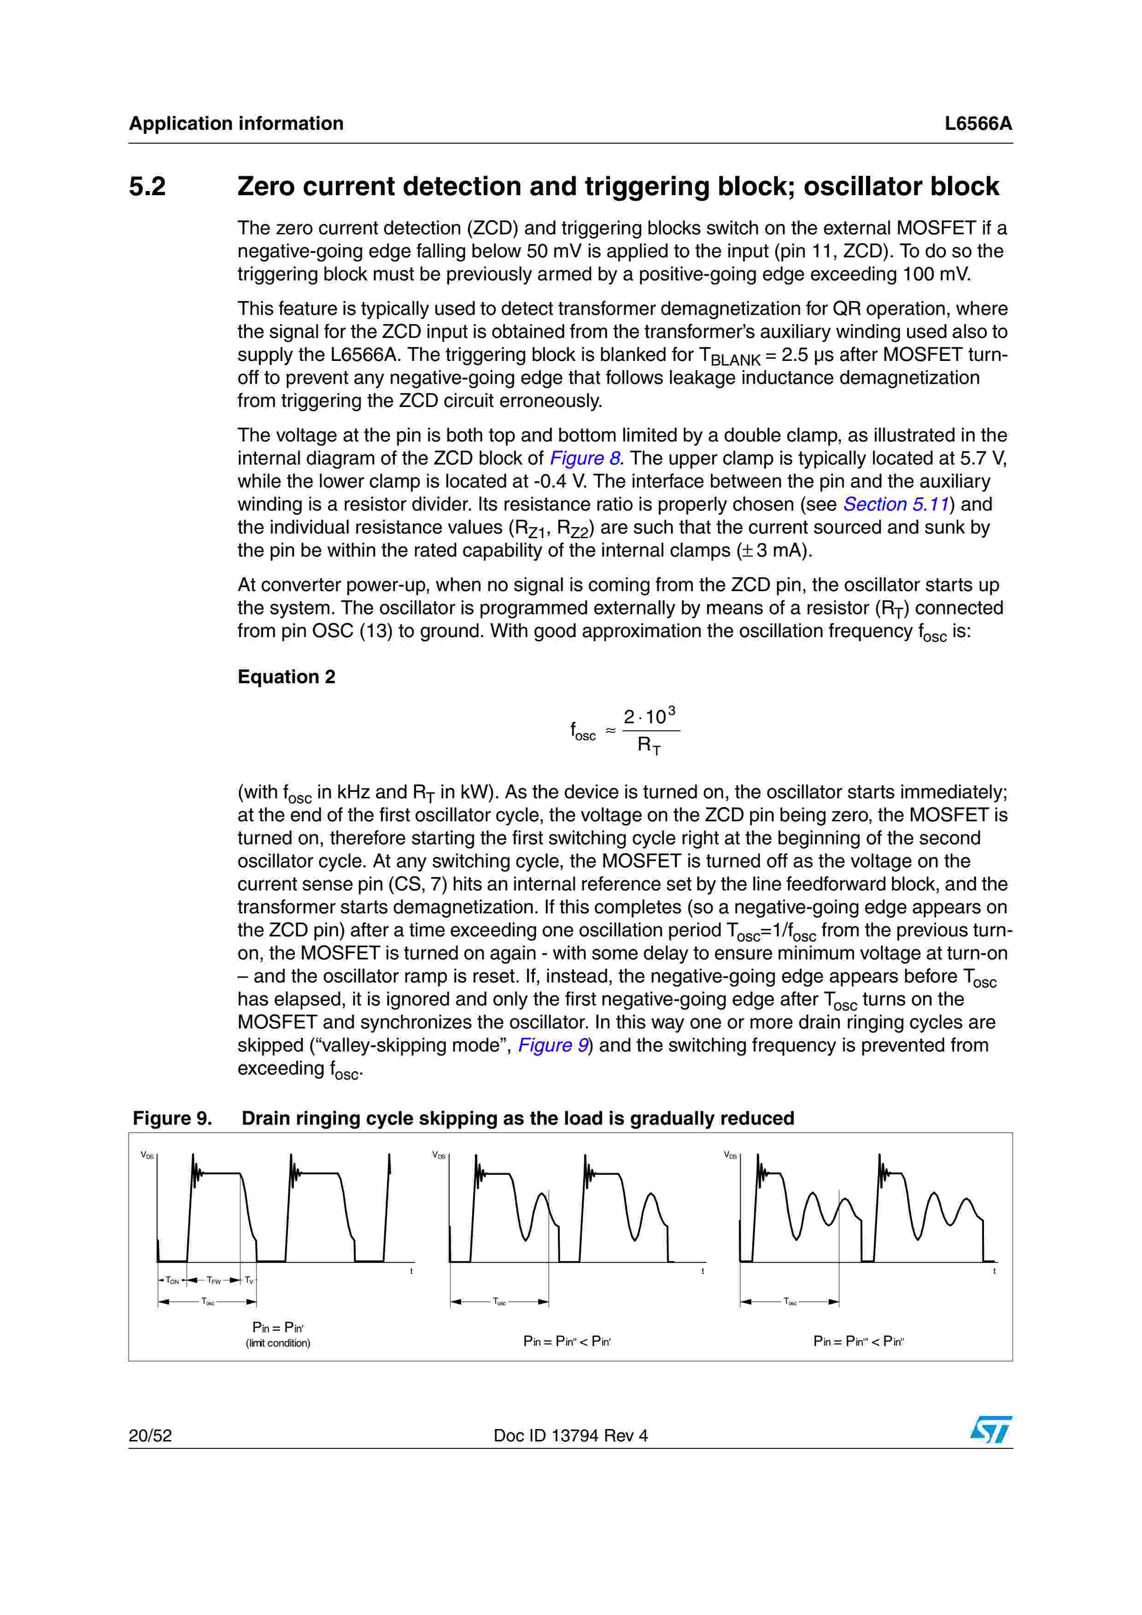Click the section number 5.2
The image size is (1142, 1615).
147,186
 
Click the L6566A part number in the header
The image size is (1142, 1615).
978,124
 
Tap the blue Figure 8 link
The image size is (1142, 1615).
585,458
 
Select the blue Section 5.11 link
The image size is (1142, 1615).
896,504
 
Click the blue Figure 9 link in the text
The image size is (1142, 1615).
553,1045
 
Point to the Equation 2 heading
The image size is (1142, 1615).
287,677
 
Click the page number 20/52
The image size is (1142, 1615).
150,1435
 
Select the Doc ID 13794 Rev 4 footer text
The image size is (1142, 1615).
571,1435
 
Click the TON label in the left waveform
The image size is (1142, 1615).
172,1281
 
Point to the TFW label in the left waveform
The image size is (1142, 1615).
214,1281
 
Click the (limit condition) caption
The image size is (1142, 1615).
278,1343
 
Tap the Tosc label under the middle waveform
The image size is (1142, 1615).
499,1302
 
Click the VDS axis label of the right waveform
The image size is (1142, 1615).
730,1155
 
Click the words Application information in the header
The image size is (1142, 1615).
236,124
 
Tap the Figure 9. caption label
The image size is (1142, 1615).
172,1118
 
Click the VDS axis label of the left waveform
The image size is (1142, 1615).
147,1155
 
